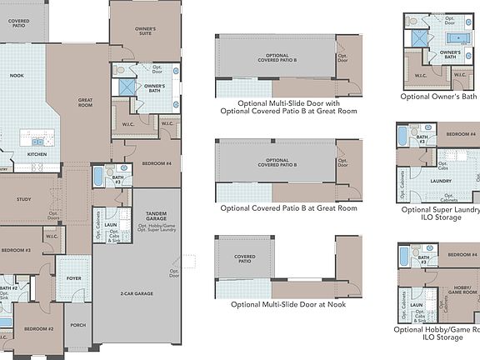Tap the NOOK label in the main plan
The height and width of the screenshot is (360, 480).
coord(17,75)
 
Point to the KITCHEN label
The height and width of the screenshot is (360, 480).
coord(37,154)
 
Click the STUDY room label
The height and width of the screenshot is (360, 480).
coord(23,199)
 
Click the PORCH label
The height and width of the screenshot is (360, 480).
coord(77,325)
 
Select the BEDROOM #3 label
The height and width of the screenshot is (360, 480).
coord(15,250)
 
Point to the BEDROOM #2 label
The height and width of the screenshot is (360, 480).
coord(39,328)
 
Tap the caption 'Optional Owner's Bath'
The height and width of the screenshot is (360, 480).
coord(438,97)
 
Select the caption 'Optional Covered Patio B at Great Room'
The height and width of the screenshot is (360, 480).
coord(288,207)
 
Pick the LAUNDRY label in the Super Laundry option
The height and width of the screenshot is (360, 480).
coord(440,179)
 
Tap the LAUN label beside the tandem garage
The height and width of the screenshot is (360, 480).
coord(110,225)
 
